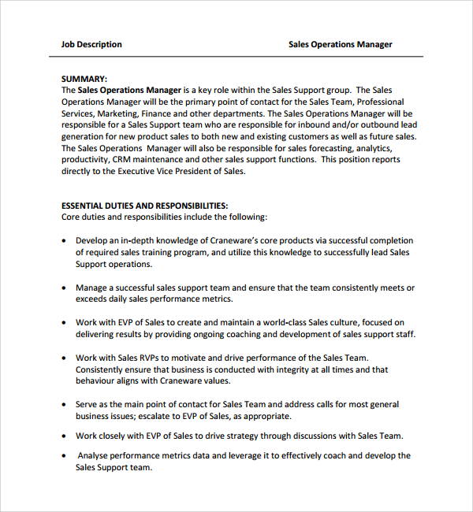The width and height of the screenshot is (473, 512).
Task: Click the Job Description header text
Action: pos(91,44)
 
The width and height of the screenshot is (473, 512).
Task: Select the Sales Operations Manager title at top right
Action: pos(340,44)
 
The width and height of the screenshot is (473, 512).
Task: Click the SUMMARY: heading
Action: pos(84,79)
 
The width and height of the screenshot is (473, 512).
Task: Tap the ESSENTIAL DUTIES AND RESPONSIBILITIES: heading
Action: pos(144,205)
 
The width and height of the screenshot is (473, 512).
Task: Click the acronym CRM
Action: pos(121,160)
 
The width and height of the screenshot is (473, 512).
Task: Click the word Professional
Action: pos(381,102)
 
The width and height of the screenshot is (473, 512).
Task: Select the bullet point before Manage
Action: pos(63,288)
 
